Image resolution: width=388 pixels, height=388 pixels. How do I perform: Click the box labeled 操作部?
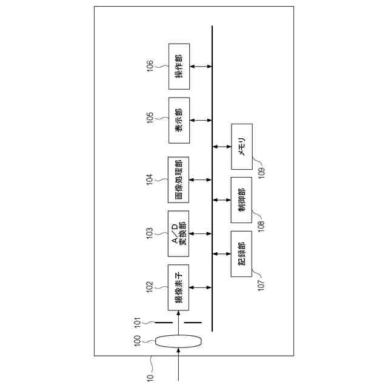pos(179,67)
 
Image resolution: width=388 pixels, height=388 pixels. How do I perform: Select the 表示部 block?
pos(179,120)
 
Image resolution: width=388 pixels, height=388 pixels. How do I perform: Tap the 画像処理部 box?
pos(179,179)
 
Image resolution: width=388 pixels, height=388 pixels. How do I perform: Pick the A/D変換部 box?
pos(179,233)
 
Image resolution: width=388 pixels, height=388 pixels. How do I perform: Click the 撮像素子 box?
pos(179,287)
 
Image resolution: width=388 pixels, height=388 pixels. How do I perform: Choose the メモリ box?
pos(241,146)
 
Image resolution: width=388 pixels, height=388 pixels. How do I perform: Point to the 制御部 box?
pos(241,200)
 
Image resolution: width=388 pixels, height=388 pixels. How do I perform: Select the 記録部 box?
pos(241,254)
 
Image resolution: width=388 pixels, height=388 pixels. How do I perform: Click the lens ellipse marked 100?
pos(178,342)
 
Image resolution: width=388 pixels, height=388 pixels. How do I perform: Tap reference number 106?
pos(150,65)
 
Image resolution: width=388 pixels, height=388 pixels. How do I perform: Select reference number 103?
pos(150,233)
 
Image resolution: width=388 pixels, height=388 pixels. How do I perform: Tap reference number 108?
pos(261,221)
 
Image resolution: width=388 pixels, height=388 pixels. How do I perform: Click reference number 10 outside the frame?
pos(150,375)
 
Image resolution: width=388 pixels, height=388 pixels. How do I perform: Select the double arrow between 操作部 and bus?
pos(200,67)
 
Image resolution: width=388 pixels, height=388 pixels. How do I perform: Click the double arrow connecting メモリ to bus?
pos(221,146)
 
